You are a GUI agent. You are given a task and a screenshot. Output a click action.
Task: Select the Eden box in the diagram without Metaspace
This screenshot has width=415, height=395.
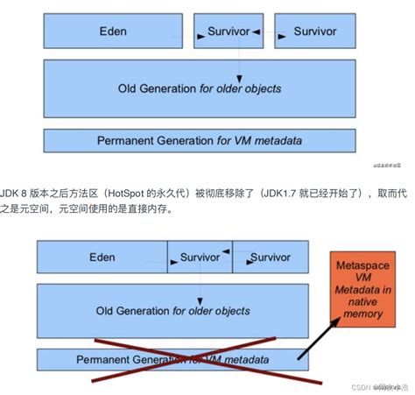tap(114, 32)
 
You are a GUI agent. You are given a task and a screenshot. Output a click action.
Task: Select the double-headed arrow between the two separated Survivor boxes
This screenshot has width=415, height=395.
tap(266, 32)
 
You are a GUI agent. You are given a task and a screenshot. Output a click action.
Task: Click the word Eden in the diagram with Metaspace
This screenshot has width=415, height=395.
tap(102, 257)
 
